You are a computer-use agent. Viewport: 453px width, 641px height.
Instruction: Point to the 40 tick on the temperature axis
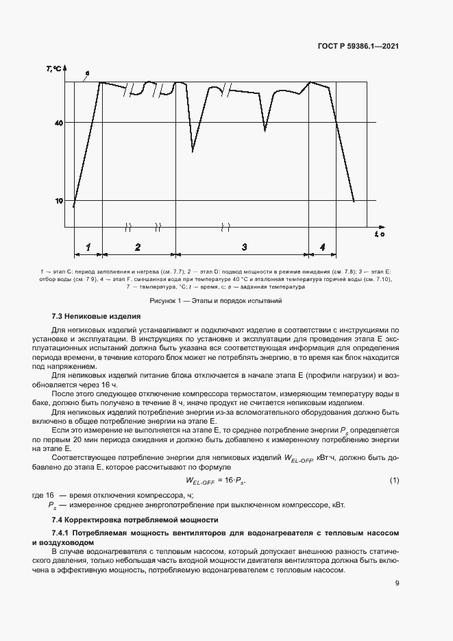pyautogui.click(x=60, y=123)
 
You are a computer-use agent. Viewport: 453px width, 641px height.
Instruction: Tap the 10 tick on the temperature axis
pyautogui.click(x=60, y=201)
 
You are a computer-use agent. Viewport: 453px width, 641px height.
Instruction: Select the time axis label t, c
pyautogui.click(x=379, y=234)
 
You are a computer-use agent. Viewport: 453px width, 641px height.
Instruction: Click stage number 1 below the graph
pyautogui.click(x=88, y=247)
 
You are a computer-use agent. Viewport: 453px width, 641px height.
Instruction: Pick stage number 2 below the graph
pyautogui.click(x=138, y=247)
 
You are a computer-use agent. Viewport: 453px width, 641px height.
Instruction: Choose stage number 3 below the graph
pyautogui.click(x=244, y=247)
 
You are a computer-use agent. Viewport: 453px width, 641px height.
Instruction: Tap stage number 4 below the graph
pyautogui.click(x=322, y=247)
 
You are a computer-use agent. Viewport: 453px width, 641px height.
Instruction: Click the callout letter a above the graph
pyautogui.click(x=87, y=72)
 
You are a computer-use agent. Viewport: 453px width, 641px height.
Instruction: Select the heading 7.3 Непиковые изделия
pyautogui.click(x=96, y=317)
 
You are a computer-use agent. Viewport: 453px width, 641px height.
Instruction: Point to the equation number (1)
pyautogui.click(x=394, y=481)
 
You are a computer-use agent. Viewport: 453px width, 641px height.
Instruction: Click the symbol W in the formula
pyautogui.click(x=191, y=481)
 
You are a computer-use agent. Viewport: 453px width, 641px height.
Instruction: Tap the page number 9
pyautogui.click(x=397, y=583)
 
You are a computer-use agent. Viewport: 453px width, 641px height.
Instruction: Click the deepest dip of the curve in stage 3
pyautogui.click(x=193, y=151)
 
